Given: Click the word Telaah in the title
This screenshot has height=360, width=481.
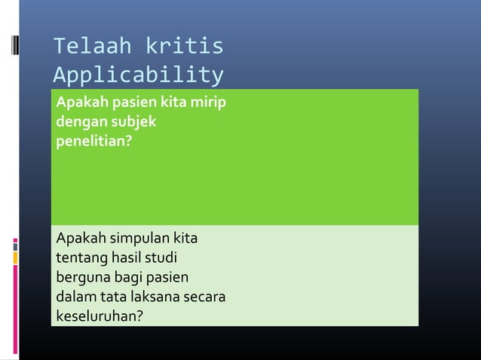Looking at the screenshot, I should click(x=82, y=47).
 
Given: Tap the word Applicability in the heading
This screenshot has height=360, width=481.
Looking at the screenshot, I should click(x=138, y=76).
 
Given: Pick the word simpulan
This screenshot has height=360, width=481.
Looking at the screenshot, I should click(x=139, y=239).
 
